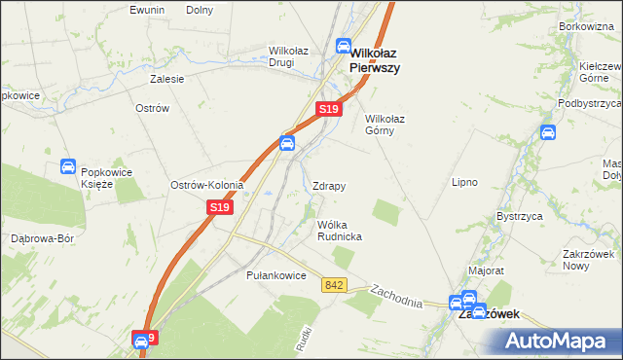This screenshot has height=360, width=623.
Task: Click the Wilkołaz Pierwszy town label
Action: click(376, 61)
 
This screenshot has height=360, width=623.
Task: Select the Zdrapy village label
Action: click(329, 185)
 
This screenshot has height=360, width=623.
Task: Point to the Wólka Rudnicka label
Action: click(340, 230)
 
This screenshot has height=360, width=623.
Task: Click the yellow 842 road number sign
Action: click(335, 284)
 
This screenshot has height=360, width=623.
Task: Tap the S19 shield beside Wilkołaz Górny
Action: click(329, 111)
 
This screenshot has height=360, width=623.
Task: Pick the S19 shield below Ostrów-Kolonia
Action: click(220, 207)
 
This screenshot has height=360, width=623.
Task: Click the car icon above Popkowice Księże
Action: click(68, 166)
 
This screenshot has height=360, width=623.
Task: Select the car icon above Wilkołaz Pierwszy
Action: click(344, 45)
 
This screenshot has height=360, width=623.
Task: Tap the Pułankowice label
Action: click(276, 275)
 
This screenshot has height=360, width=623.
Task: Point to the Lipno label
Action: click(464, 182)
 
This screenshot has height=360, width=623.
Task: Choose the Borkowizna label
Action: click(588, 26)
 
